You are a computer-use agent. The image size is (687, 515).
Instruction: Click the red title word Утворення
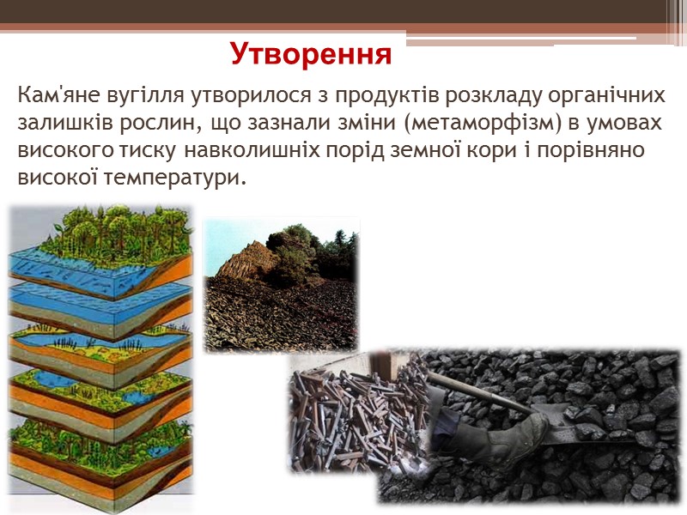coord(310,54)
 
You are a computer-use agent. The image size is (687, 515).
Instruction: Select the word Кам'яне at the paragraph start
coord(58,94)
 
